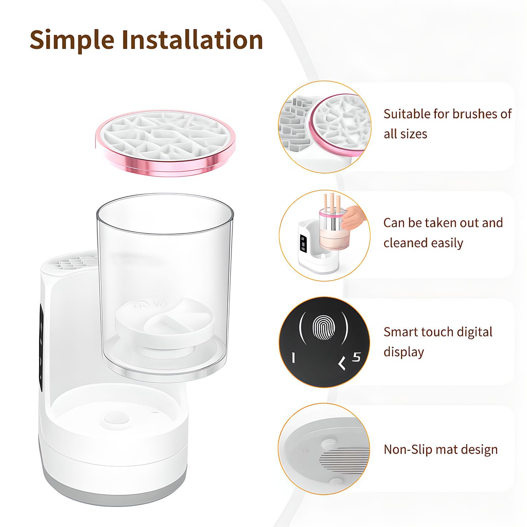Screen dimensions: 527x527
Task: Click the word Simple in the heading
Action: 72,40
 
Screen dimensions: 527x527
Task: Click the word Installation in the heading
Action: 192,40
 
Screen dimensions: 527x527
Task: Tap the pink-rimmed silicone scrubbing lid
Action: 165,142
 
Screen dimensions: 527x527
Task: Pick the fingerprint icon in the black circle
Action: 323,327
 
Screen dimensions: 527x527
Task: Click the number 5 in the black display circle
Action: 356,357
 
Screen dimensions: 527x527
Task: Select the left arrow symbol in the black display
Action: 342,363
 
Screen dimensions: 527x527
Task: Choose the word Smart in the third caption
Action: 400,332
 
